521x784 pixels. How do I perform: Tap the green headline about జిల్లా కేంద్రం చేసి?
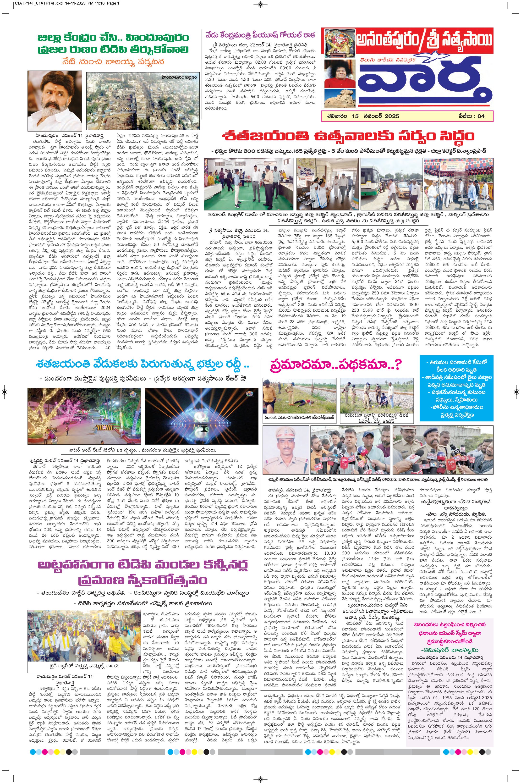[113, 43]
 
